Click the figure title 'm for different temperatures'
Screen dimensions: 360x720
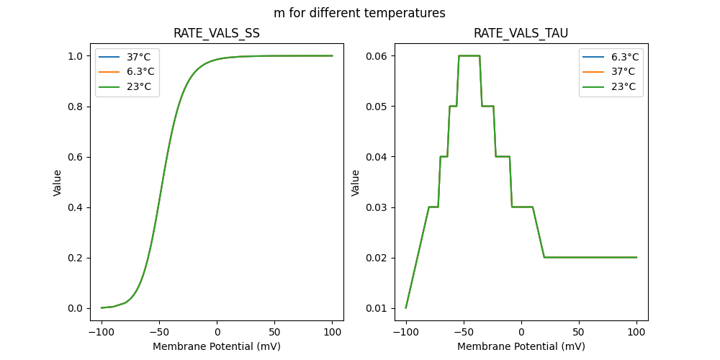click(359, 13)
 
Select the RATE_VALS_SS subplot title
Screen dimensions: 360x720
click(217, 34)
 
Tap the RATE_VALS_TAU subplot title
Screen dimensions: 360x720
click(521, 34)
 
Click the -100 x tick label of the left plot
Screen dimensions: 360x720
click(102, 333)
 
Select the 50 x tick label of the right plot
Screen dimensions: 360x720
click(579, 333)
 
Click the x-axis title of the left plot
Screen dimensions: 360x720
click(217, 346)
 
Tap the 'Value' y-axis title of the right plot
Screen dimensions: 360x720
click(356, 183)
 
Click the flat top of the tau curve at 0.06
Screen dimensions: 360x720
click(469, 55)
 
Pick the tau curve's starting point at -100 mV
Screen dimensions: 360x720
click(406, 307)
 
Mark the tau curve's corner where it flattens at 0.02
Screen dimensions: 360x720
click(544, 257)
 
